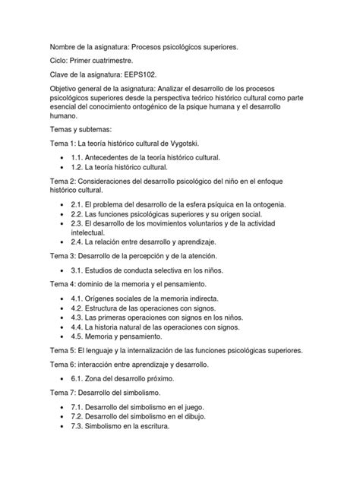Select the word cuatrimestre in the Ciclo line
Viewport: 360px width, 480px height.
[x=109, y=61]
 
